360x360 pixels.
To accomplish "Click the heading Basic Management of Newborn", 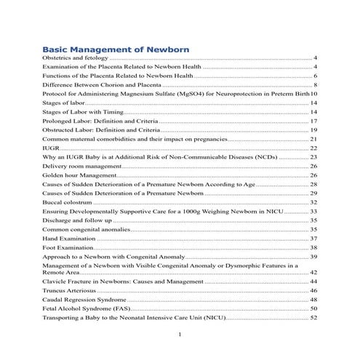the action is pyautogui.click(x=116, y=49).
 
